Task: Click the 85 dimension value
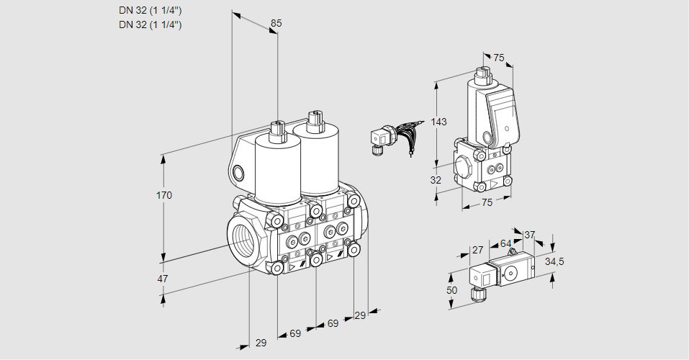(276, 23)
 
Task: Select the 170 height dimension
(165, 195)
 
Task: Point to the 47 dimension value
(163, 279)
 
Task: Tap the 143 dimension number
(438, 122)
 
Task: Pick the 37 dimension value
(530, 235)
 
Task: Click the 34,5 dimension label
(554, 261)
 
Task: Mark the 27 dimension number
(477, 250)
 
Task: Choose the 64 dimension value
(505, 244)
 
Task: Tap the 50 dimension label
(451, 290)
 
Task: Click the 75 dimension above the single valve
(498, 58)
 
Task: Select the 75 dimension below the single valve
(487, 202)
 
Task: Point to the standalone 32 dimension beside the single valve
(435, 180)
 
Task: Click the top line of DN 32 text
(150, 10)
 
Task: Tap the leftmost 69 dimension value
(295, 333)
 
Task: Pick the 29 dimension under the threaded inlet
(261, 343)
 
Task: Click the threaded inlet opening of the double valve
(241, 238)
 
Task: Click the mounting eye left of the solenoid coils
(239, 172)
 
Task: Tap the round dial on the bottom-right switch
(512, 272)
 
